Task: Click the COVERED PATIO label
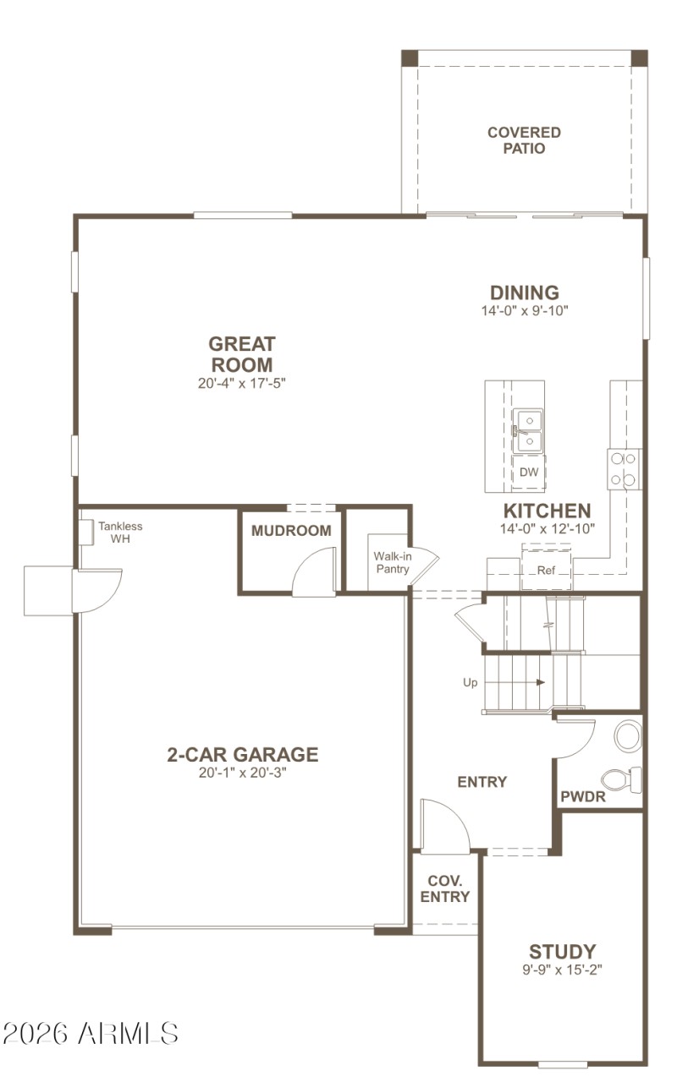pyautogui.click(x=524, y=140)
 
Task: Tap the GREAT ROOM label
pyautogui.click(x=242, y=354)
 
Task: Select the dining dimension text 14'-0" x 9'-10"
pyautogui.click(x=525, y=310)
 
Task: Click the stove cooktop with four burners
pyautogui.click(x=623, y=469)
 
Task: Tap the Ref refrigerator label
pyautogui.click(x=546, y=571)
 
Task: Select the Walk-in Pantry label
pyautogui.click(x=392, y=562)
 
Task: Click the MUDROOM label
pyautogui.click(x=291, y=531)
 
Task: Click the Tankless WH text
pyautogui.click(x=119, y=532)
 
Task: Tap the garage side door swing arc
pyautogui.click(x=96, y=590)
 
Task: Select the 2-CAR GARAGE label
pyautogui.click(x=242, y=754)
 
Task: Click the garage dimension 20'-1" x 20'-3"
pyautogui.click(x=242, y=773)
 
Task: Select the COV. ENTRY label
pyautogui.click(x=444, y=888)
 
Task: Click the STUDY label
pyautogui.click(x=562, y=952)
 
